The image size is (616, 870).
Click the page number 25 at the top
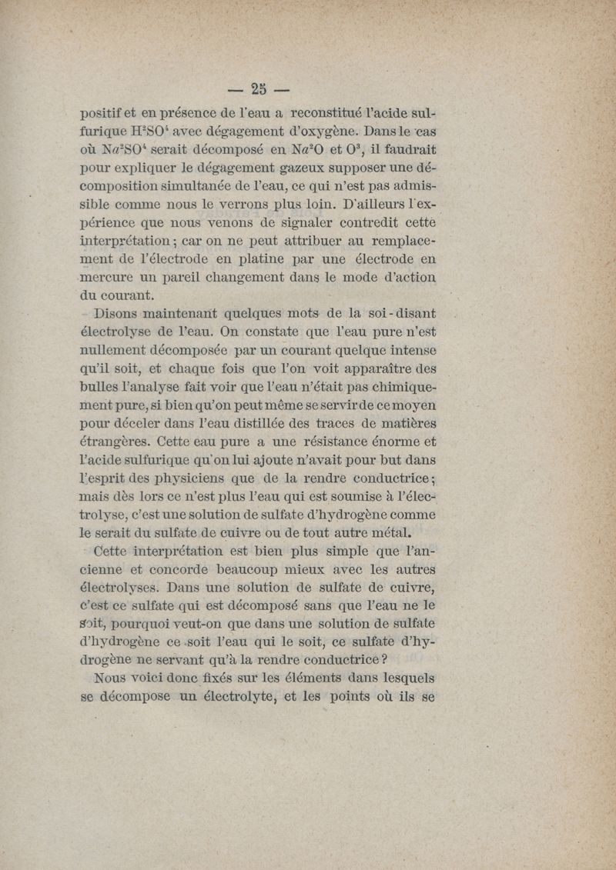click(x=259, y=88)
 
